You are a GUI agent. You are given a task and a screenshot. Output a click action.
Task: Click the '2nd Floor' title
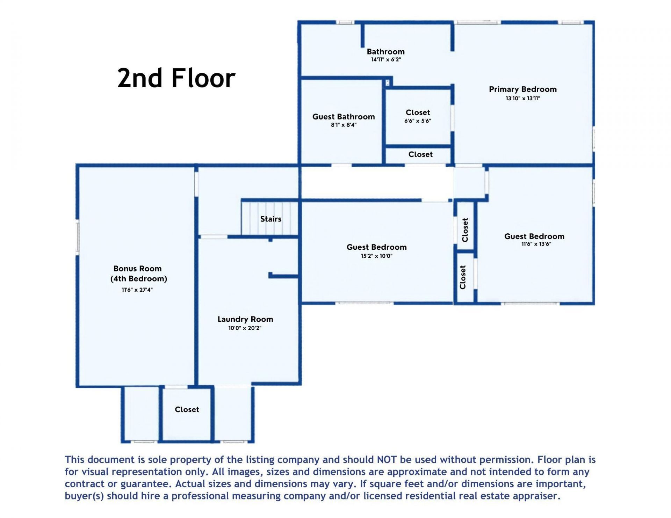click(176, 78)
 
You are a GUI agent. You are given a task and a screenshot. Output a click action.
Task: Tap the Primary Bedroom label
click(522, 89)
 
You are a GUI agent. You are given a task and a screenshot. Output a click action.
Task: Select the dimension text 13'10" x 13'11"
click(522, 99)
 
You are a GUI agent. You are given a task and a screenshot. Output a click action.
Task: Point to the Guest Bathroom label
click(344, 117)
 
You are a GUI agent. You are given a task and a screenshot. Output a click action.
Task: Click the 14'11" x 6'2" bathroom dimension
click(386, 60)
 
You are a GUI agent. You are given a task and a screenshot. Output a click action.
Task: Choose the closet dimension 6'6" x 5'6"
click(418, 121)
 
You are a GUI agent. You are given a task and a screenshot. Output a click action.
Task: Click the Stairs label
click(270, 219)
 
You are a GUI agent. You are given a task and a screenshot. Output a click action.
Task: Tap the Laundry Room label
click(245, 319)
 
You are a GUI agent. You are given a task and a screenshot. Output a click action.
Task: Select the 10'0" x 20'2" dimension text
click(245, 328)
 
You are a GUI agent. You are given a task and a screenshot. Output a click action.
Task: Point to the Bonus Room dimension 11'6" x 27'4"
click(137, 290)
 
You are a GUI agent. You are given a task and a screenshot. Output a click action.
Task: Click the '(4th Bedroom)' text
click(139, 279)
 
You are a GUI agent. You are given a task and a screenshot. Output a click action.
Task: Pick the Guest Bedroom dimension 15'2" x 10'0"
click(376, 256)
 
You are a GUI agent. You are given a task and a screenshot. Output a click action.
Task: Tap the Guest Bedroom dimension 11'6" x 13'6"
click(536, 244)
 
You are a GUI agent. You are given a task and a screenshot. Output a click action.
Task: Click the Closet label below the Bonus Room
click(187, 409)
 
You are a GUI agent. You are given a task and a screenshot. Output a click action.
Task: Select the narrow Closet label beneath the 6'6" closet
click(420, 154)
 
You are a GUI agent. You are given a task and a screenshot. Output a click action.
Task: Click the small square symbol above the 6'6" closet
click(388, 83)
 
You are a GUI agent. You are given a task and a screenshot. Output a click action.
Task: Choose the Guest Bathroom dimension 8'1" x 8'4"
click(344, 125)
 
